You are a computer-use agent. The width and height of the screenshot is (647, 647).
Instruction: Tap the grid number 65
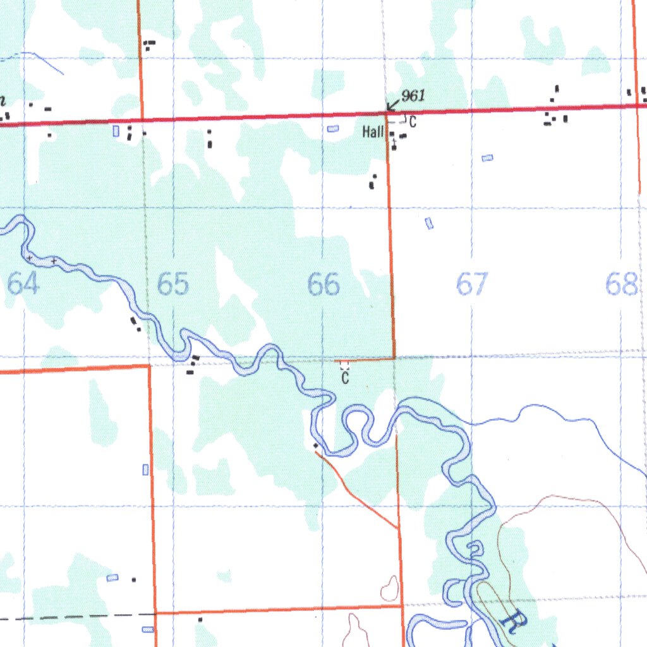[x=172, y=284]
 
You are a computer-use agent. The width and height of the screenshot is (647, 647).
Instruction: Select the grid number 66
[x=323, y=284]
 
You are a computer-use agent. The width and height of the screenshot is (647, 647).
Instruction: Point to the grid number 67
[x=472, y=284]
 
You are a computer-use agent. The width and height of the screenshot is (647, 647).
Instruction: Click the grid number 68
[x=620, y=284]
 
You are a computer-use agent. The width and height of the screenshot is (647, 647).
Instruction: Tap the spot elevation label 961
[x=413, y=95]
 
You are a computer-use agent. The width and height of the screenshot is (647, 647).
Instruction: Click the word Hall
[x=373, y=132]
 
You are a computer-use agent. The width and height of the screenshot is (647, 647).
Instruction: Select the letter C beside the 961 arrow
[x=413, y=121]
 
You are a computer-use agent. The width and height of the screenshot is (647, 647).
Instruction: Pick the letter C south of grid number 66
[x=345, y=378]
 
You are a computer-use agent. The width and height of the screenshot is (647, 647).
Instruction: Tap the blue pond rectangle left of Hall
[x=333, y=129]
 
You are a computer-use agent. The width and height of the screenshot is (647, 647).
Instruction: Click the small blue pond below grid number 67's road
[x=430, y=223]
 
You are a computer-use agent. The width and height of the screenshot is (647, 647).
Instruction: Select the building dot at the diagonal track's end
[x=315, y=446]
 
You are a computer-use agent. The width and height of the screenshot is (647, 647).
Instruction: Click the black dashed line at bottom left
[x=76, y=615]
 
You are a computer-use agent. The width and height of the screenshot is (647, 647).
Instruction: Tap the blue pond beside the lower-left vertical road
[x=146, y=469]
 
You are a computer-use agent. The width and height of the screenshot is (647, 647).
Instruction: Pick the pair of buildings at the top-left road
[x=149, y=44]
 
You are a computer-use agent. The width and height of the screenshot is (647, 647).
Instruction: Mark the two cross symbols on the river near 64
[x=42, y=259]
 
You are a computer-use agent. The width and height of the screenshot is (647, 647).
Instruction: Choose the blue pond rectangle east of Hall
[x=487, y=158]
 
